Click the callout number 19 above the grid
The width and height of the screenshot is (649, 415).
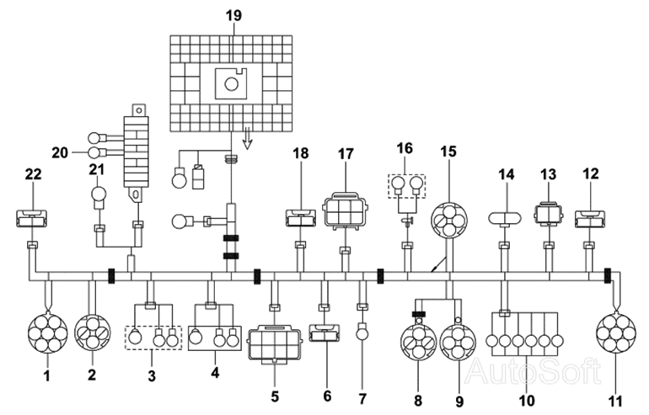pyautogui.click(x=233, y=16)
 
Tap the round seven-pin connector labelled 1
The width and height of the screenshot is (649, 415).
pyautogui.click(x=47, y=333)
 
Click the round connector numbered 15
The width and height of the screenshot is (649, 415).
pyautogui.click(x=448, y=221)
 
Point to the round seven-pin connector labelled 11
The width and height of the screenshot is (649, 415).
pyautogui.click(x=615, y=333)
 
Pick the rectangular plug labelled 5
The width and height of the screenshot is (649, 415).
pyautogui.click(x=275, y=343)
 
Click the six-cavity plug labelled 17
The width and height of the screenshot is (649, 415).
pyautogui.click(x=346, y=212)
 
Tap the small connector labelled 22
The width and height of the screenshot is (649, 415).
pyautogui.click(x=31, y=219)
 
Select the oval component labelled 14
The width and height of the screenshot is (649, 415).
pyautogui.click(x=505, y=218)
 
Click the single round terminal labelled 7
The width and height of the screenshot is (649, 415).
pyautogui.click(x=363, y=331)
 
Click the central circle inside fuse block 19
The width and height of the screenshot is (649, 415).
pyautogui.click(x=232, y=84)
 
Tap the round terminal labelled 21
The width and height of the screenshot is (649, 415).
pyautogui.click(x=99, y=194)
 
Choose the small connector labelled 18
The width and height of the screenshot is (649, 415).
pyautogui.click(x=301, y=218)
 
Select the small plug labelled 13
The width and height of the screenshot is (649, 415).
pyautogui.click(x=549, y=213)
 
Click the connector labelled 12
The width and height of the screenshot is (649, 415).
pyautogui.click(x=590, y=219)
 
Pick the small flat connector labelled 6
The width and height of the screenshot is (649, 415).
pyautogui.click(x=324, y=333)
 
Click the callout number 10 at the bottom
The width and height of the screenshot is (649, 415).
pyautogui.click(x=527, y=400)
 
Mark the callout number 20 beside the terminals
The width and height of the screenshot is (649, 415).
pyautogui.click(x=60, y=153)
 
